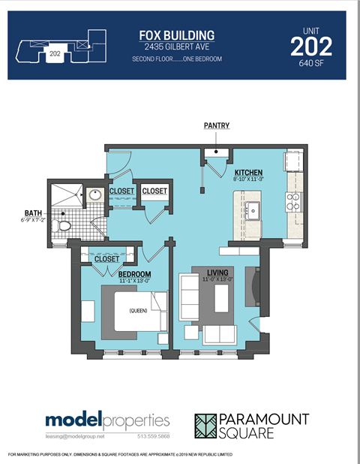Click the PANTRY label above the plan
[216, 125]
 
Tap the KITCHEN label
[248, 171]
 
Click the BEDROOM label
[135, 274]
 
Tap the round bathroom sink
[95, 196]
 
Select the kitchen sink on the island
[253, 209]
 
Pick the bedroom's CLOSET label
[106, 259]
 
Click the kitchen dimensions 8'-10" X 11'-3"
[248, 179]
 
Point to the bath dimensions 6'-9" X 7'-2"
[33, 220]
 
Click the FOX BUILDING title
[177, 35]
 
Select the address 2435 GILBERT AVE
[177, 47]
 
